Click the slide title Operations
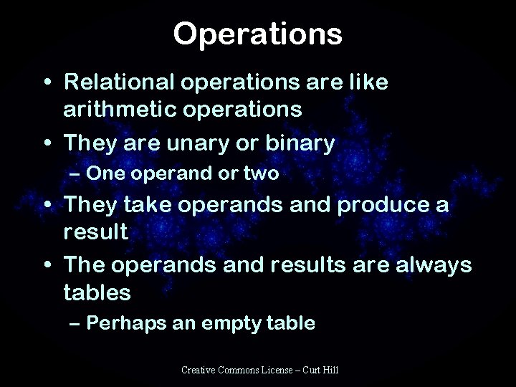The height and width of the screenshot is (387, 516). point(257,34)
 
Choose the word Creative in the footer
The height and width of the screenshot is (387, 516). point(197,369)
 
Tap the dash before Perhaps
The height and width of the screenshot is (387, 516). point(75,323)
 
